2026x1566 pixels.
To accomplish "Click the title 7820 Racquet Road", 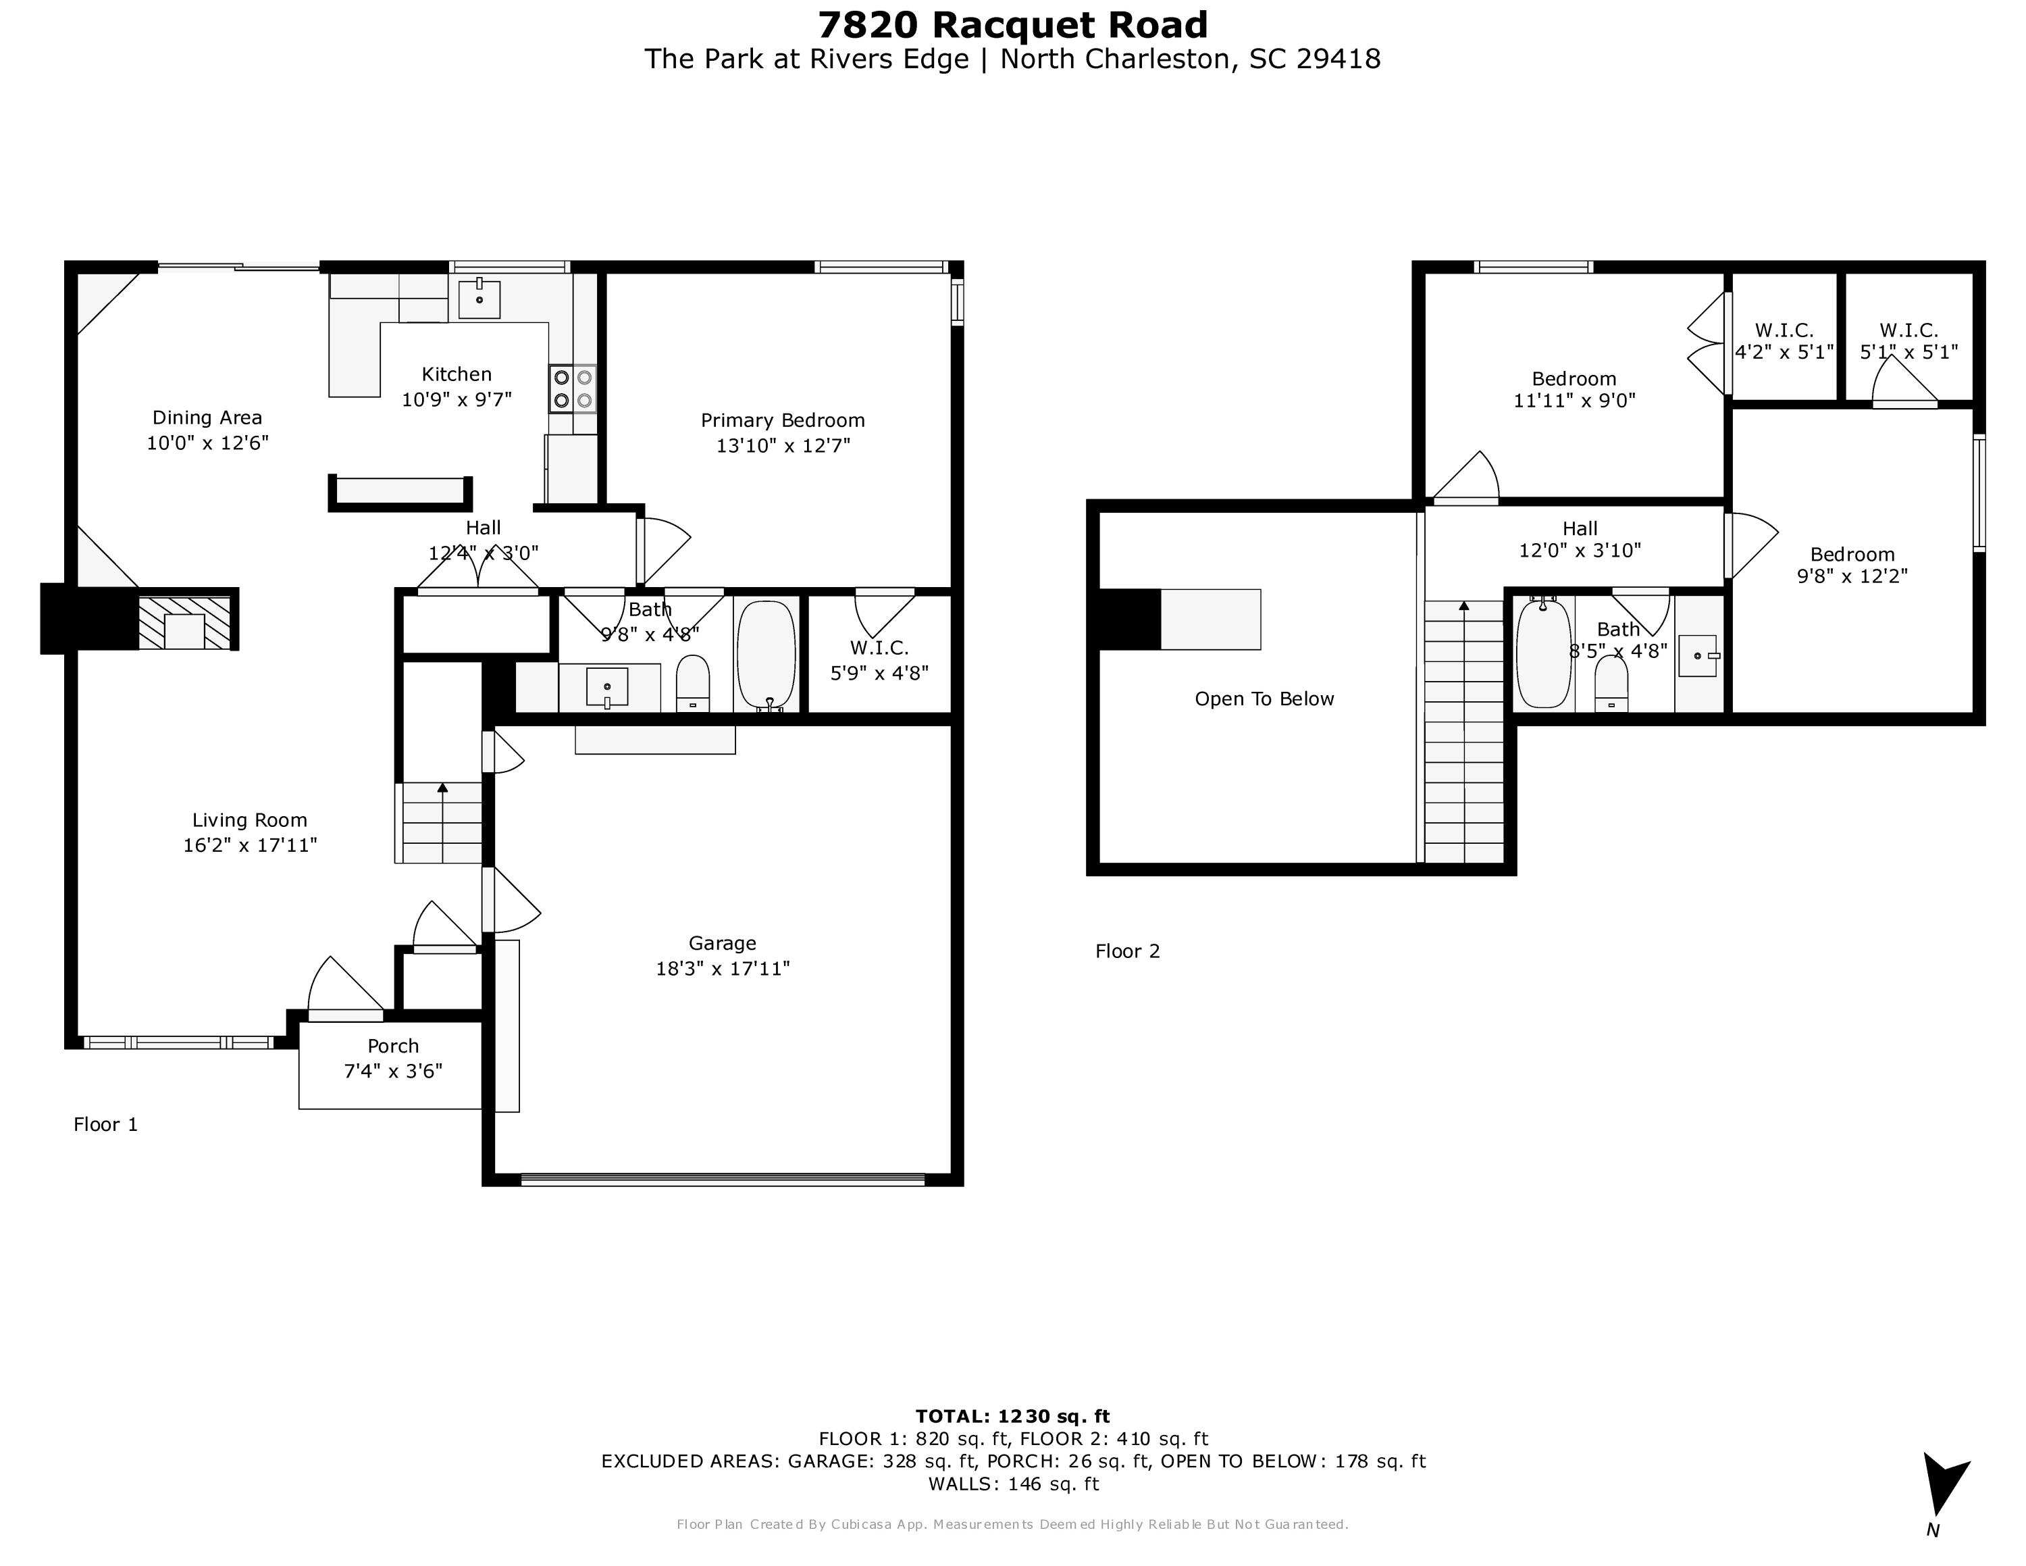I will (1012, 25).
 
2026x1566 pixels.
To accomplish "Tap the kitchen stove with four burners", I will (573, 388).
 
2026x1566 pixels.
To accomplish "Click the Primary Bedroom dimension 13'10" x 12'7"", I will (782, 445).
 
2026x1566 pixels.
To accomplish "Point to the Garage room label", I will (722, 942).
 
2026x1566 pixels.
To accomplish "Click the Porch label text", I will (392, 1046).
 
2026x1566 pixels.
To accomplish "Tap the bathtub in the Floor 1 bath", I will (767, 653).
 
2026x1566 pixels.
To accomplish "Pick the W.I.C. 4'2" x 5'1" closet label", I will (1783, 341).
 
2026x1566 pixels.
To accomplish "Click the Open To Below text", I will (1264, 699).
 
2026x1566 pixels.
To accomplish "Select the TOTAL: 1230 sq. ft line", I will (1012, 1416).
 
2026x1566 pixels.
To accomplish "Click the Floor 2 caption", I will (1127, 951).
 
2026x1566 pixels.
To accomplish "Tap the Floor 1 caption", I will (106, 1124).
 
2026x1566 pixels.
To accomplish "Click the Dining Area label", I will (207, 418).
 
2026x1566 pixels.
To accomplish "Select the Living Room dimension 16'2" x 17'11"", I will (250, 845).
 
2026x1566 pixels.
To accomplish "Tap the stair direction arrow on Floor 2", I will (1464, 607).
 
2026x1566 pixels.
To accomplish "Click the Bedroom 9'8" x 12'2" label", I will (1852, 565).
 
